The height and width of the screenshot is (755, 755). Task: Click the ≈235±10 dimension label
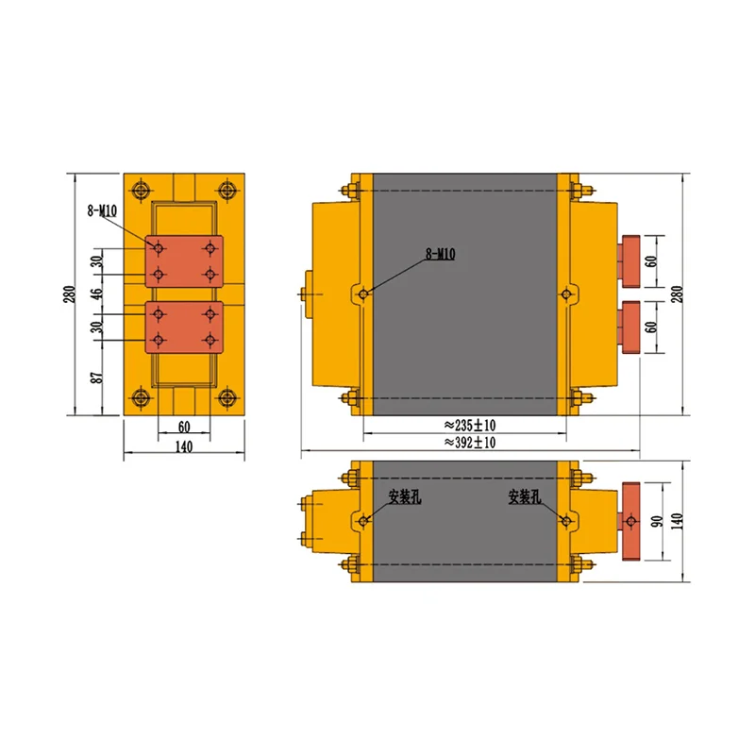pyautogui.click(x=469, y=426)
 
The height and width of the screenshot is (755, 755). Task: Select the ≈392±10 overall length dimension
pyautogui.click(x=469, y=443)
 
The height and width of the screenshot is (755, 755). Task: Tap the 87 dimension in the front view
pyautogui.click(x=98, y=377)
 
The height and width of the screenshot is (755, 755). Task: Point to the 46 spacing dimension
pyautogui.click(x=98, y=294)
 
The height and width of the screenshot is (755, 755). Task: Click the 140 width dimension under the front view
pyautogui.click(x=184, y=446)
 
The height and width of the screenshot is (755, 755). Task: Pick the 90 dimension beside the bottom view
pyautogui.click(x=656, y=521)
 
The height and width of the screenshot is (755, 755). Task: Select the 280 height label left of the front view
pyautogui.click(x=70, y=294)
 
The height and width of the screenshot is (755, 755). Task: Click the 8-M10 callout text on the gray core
pyautogui.click(x=440, y=254)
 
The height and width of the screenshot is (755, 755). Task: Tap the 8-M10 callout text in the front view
pyautogui.click(x=102, y=210)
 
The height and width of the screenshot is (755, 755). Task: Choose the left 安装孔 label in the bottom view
pyautogui.click(x=405, y=497)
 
